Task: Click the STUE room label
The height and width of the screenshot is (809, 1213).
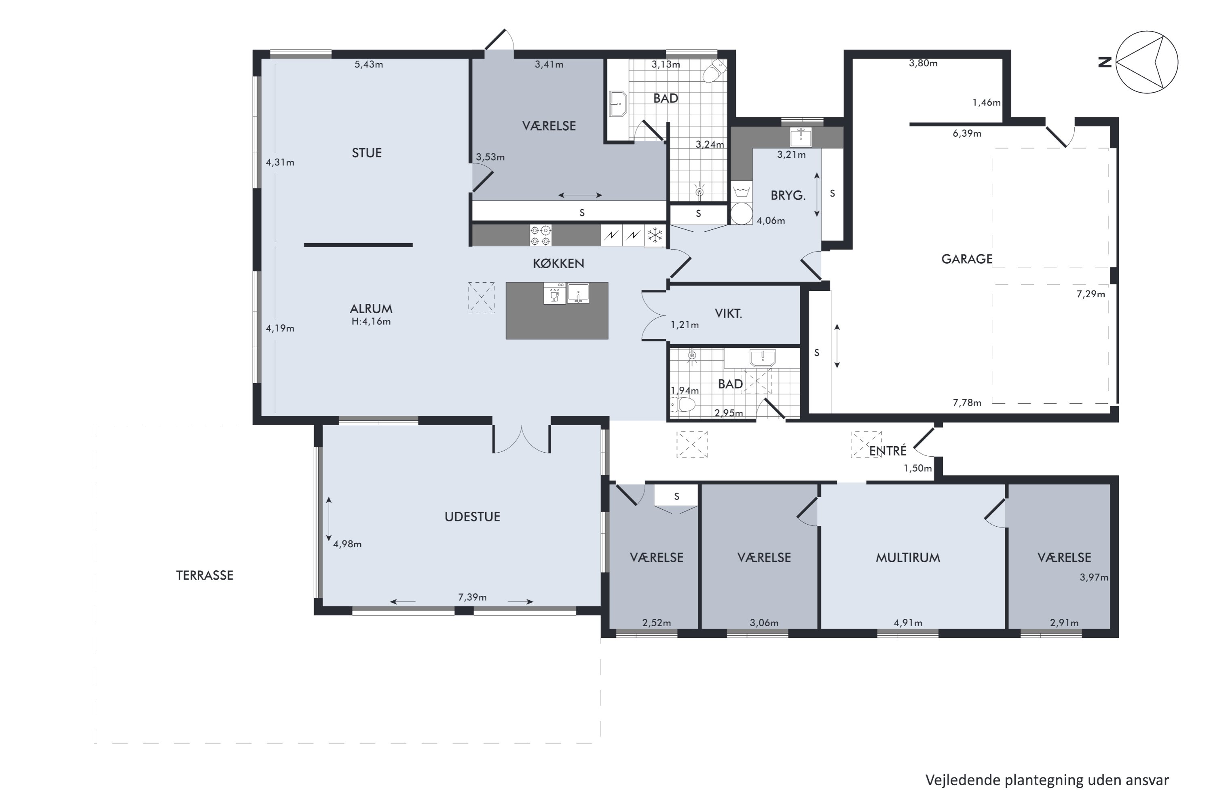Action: click(367, 153)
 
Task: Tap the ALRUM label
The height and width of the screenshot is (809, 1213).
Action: click(371, 309)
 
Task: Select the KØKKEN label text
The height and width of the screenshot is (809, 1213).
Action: click(558, 264)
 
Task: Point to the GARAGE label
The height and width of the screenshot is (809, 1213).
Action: click(966, 259)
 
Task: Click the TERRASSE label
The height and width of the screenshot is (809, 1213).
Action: click(205, 575)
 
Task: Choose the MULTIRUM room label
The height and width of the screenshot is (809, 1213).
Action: click(908, 558)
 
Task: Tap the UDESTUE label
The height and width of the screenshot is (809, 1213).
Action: click(472, 517)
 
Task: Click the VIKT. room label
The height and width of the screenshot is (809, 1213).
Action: click(728, 313)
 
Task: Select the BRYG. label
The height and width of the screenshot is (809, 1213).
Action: click(788, 195)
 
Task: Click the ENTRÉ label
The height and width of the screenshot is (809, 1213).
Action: click(888, 451)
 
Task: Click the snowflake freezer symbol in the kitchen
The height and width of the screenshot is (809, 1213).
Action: click(655, 236)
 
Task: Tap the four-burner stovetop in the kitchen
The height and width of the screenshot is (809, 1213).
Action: click(541, 236)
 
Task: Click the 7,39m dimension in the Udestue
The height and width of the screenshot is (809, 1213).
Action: click(472, 597)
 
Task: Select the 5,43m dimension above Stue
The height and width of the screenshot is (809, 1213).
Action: click(369, 64)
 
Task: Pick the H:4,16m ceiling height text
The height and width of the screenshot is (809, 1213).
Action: click(371, 322)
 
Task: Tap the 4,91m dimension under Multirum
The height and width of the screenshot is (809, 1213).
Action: click(908, 623)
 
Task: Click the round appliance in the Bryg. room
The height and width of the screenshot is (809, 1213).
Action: click(741, 214)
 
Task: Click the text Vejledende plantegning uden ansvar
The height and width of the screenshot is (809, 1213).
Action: click(1047, 781)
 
